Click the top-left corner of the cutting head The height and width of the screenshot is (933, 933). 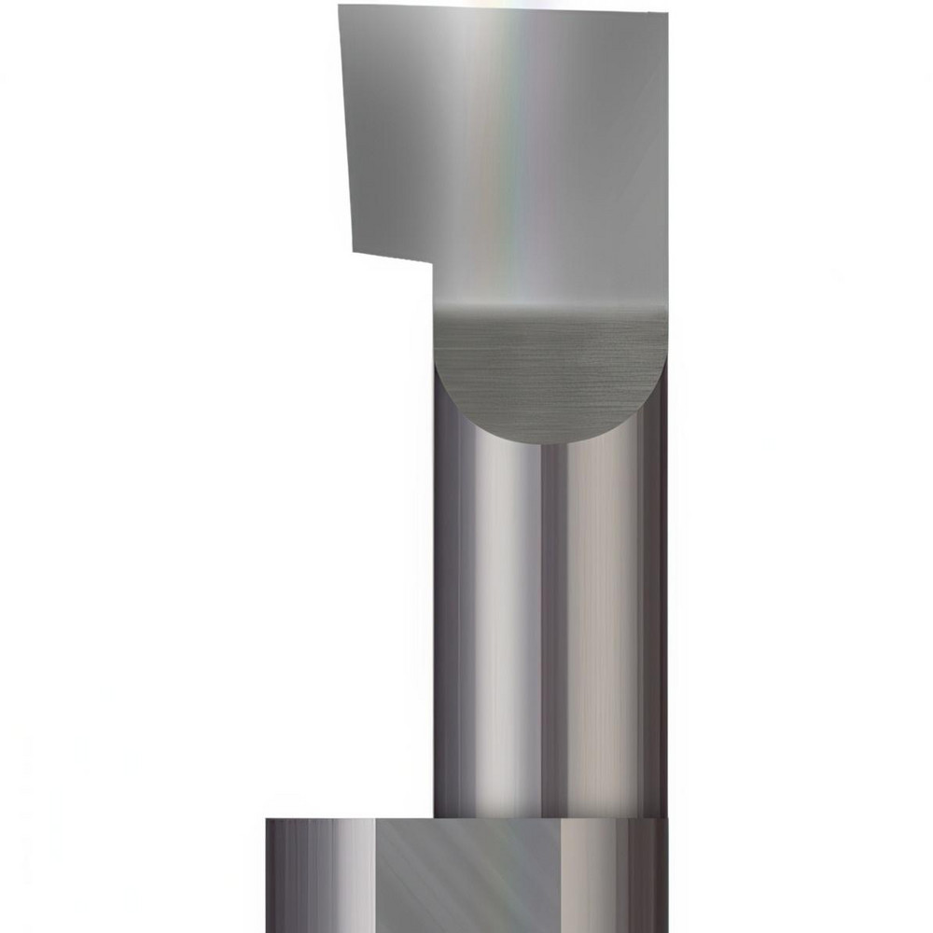[x=340, y=7]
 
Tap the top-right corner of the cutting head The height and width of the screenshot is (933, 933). [x=666, y=12]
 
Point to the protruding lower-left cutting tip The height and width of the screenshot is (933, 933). [x=354, y=251]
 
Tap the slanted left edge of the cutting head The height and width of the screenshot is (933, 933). [x=344, y=131]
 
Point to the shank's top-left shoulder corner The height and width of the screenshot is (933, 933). [x=268, y=821]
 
